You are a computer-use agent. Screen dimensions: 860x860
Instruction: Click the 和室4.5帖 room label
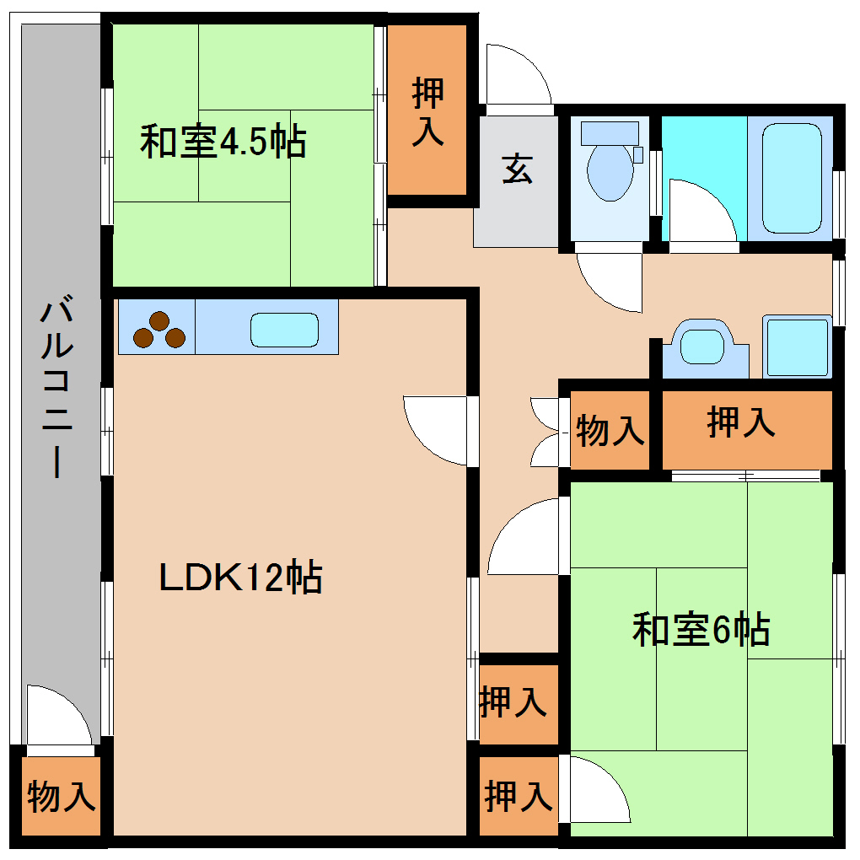tap(223, 142)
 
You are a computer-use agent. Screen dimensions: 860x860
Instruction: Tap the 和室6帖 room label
tap(701, 630)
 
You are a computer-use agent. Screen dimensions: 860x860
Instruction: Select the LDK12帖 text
tap(241, 578)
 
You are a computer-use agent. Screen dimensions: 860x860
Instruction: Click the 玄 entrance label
tap(517, 169)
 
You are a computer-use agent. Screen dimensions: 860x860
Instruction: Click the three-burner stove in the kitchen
tap(158, 330)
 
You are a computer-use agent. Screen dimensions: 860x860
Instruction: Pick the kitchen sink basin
tap(284, 330)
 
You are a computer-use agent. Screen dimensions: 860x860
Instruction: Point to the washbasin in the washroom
tap(704, 346)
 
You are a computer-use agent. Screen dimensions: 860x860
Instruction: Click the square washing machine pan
tap(796, 347)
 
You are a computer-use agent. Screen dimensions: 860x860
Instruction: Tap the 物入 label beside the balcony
tap(61, 797)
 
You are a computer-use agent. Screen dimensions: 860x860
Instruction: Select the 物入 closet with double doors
tap(610, 431)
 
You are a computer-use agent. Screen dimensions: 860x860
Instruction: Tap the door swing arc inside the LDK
tap(433, 428)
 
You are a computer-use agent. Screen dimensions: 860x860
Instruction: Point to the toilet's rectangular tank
tap(610, 132)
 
